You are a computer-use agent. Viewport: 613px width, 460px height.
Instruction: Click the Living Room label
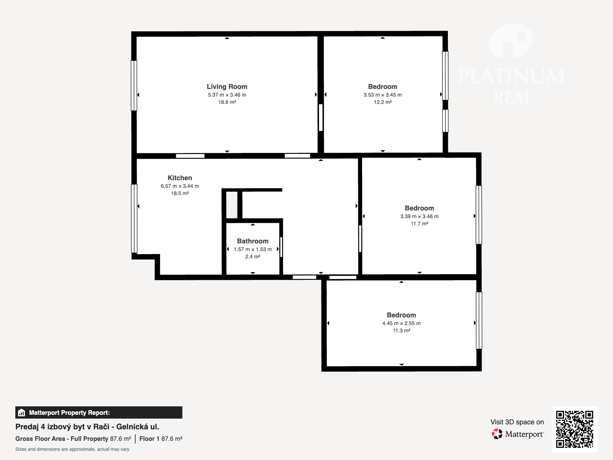[x=227, y=87]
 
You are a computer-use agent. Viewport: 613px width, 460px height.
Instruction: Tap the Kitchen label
[x=180, y=178]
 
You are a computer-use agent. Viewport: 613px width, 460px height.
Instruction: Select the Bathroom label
[x=253, y=241]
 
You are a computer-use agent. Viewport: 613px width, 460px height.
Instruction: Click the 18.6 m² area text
[x=227, y=102]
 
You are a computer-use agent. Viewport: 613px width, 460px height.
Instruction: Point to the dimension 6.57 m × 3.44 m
[x=180, y=186]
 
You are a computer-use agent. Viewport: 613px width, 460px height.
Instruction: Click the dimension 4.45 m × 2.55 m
[x=401, y=323]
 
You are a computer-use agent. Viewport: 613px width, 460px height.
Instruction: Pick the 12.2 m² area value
[x=383, y=102]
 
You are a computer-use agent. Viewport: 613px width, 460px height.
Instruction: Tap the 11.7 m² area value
[x=419, y=224]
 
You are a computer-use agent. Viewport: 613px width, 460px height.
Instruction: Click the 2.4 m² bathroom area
[x=253, y=257]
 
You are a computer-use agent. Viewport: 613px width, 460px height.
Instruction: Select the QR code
[x=574, y=429]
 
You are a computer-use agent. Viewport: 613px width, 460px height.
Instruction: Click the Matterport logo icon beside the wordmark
[x=497, y=434]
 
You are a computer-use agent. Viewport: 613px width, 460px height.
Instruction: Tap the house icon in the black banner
[x=21, y=412]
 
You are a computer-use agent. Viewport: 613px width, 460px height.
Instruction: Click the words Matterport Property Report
[x=69, y=412]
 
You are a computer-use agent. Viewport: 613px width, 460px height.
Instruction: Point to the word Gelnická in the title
[x=132, y=427]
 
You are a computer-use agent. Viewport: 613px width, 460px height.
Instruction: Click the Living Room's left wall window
[x=134, y=85]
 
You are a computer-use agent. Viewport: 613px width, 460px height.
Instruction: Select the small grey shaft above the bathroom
[x=232, y=205]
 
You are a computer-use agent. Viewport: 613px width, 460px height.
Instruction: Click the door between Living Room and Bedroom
[x=321, y=117]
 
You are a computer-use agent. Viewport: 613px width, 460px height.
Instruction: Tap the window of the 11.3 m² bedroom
[x=479, y=320]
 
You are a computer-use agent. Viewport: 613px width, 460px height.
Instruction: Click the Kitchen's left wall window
[x=134, y=219]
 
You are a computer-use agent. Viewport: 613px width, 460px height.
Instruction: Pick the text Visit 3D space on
[x=517, y=422]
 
